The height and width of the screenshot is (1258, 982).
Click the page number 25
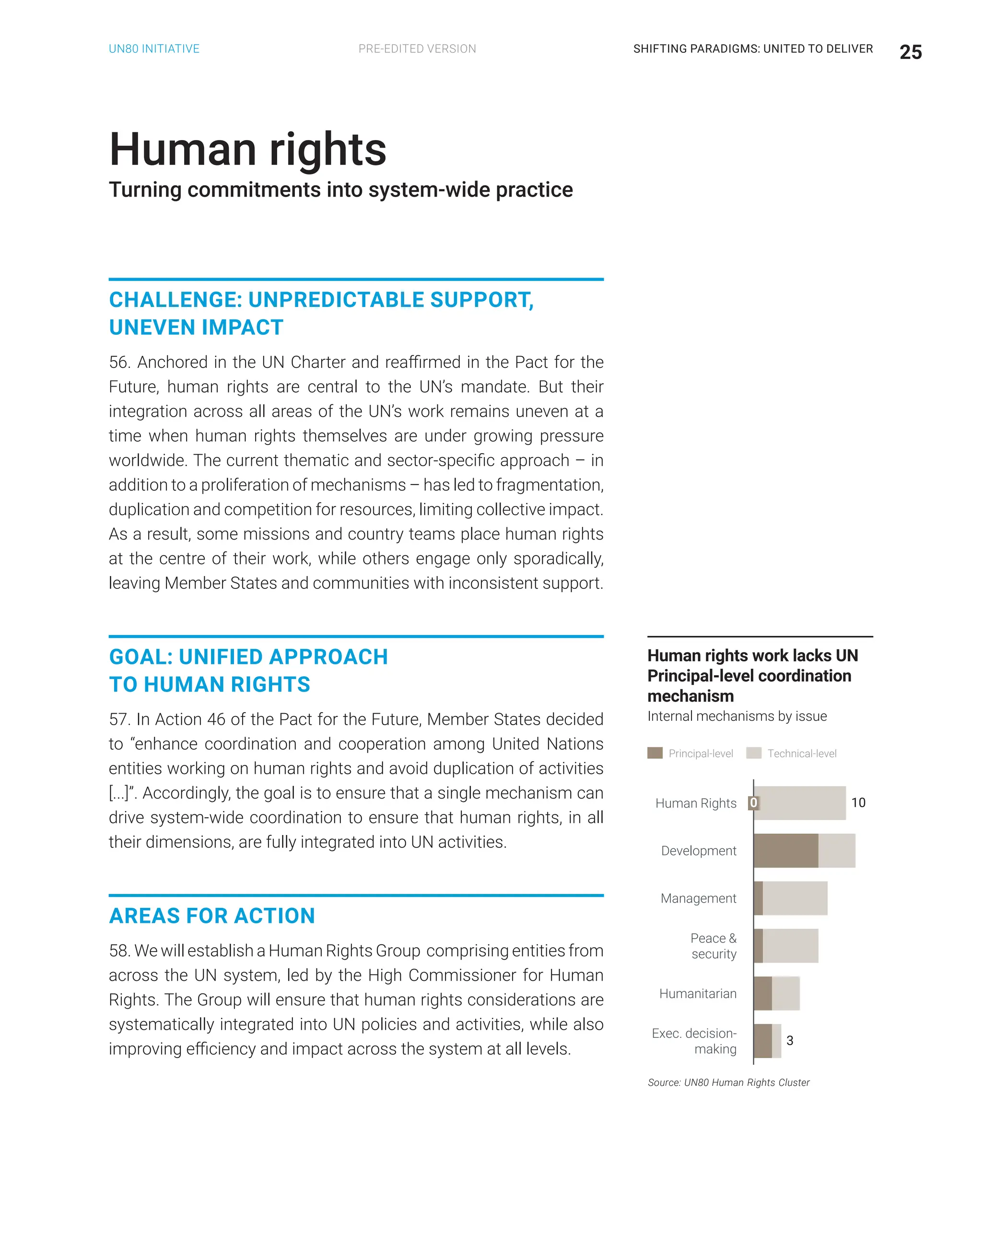(910, 52)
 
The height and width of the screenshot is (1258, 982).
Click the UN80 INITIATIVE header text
(154, 49)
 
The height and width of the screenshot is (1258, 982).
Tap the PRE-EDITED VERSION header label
(417, 49)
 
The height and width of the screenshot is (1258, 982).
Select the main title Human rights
(248, 149)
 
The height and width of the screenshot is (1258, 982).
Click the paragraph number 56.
(118, 362)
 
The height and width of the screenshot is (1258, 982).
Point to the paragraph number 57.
(118, 719)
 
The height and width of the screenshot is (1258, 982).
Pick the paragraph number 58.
(118, 951)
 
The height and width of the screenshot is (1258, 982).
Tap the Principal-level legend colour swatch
(655, 753)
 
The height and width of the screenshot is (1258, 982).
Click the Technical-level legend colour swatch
(753, 753)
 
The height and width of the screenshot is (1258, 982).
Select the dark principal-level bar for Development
(785, 850)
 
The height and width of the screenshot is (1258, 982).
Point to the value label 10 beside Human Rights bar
(858, 802)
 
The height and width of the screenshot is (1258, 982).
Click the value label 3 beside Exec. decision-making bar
(790, 1040)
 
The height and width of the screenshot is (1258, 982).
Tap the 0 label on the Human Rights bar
(753, 802)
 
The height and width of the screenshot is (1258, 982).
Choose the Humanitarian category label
(698, 994)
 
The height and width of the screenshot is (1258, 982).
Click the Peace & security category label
(713, 946)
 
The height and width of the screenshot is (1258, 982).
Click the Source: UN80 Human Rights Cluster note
(728, 1082)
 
